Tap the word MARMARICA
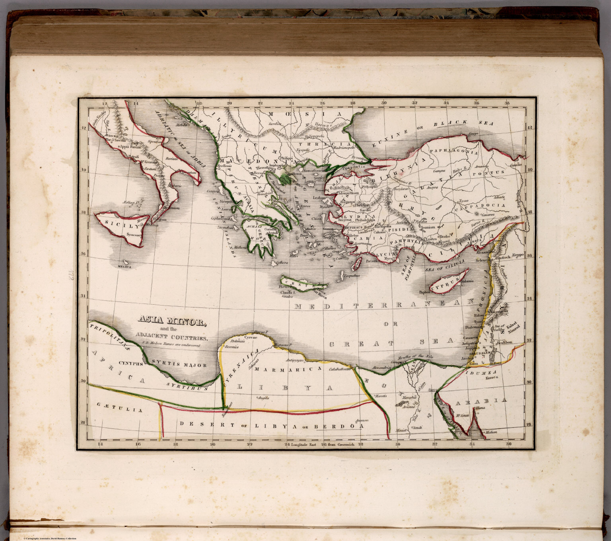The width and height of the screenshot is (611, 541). click(x=287, y=369)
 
